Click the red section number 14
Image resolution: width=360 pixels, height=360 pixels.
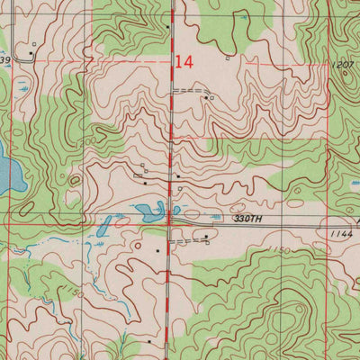point(184,62)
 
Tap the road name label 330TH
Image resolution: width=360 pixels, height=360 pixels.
point(245,218)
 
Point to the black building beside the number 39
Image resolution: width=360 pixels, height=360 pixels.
point(31,53)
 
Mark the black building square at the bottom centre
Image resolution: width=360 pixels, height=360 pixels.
point(149,342)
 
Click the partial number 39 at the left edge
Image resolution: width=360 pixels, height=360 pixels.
point(5,60)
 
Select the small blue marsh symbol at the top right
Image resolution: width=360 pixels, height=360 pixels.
point(242,17)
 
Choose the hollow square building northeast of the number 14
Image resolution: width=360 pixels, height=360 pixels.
point(229,59)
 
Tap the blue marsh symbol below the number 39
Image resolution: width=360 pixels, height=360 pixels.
point(18,89)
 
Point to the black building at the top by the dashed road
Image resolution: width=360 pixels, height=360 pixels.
point(167,27)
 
